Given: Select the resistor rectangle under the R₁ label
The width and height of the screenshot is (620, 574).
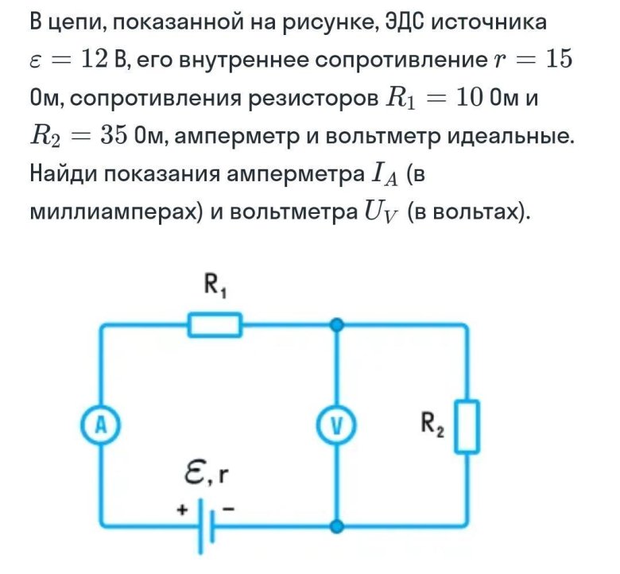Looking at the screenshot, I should pyautogui.click(x=215, y=324).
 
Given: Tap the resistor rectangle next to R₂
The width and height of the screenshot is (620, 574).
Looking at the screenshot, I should pyautogui.click(x=468, y=426).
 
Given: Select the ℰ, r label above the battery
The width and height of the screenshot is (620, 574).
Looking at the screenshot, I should pyautogui.click(x=205, y=476).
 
